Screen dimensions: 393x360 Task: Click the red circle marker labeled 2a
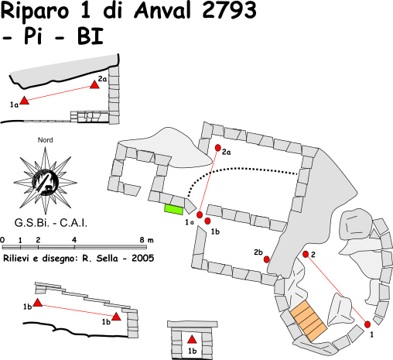(x=218, y=148)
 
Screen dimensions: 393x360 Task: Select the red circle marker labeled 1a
(x=200, y=214)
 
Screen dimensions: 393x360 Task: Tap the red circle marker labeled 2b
(x=267, y=259)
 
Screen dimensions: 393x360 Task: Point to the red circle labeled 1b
(x=207, y=221)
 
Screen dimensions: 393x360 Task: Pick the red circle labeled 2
(x=306, y=254)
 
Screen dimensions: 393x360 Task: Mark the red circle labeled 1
(x=367, y=324)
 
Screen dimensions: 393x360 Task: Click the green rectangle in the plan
(x=174, y=209)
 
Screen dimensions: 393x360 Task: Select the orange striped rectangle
(x=309, y=321)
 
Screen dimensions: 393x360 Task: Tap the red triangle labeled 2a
(x=94, y=84)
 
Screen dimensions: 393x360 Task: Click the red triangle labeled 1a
(x=25, y=100)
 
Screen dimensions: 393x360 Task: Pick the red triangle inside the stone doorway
(x=192, y=339)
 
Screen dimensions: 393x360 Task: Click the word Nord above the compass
(x=46, y=140)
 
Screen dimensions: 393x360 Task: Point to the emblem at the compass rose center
(x=45, y=183)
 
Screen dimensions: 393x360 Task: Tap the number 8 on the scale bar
(x=142, y=240)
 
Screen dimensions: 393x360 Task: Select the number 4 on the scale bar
(x=74, y=240)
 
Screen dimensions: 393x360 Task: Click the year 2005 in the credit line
(x=143, y=258)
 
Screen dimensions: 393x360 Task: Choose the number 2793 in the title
(x=230, y=10)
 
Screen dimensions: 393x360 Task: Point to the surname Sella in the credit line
(x=108, y=258)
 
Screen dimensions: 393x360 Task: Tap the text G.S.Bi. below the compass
(x=32, y=223)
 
